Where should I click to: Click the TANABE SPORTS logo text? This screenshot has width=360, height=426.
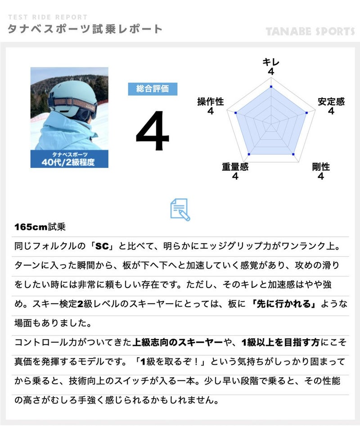coord(310,32)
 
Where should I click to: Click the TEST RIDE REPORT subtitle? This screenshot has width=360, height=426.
coord(48,17)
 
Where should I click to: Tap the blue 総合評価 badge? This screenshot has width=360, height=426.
coord(153,89)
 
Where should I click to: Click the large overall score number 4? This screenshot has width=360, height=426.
coord(153,131)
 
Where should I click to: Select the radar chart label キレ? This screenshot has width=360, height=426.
coord(271,62)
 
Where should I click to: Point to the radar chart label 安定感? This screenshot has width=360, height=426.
coord(331,102)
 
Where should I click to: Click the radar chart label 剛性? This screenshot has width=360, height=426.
coord(321,167)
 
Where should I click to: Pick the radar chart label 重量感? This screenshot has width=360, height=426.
coord(235,167)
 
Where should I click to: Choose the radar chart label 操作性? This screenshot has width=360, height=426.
coord(211,102)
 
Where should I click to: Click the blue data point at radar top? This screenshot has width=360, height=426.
coord(271,86)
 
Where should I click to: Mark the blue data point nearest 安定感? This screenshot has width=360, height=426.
coord(306,113)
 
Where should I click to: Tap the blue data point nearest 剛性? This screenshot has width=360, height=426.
coord(293,154)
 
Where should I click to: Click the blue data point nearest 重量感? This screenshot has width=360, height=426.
coord(249,154)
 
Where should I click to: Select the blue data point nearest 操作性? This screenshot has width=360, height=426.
coord(236,113)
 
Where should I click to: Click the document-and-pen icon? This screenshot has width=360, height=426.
coord(180,209)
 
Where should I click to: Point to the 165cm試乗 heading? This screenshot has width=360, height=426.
coord(40,227)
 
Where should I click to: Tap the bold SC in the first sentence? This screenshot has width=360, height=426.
coord(102,246)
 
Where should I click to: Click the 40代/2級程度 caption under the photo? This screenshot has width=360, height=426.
coord(68,162)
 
